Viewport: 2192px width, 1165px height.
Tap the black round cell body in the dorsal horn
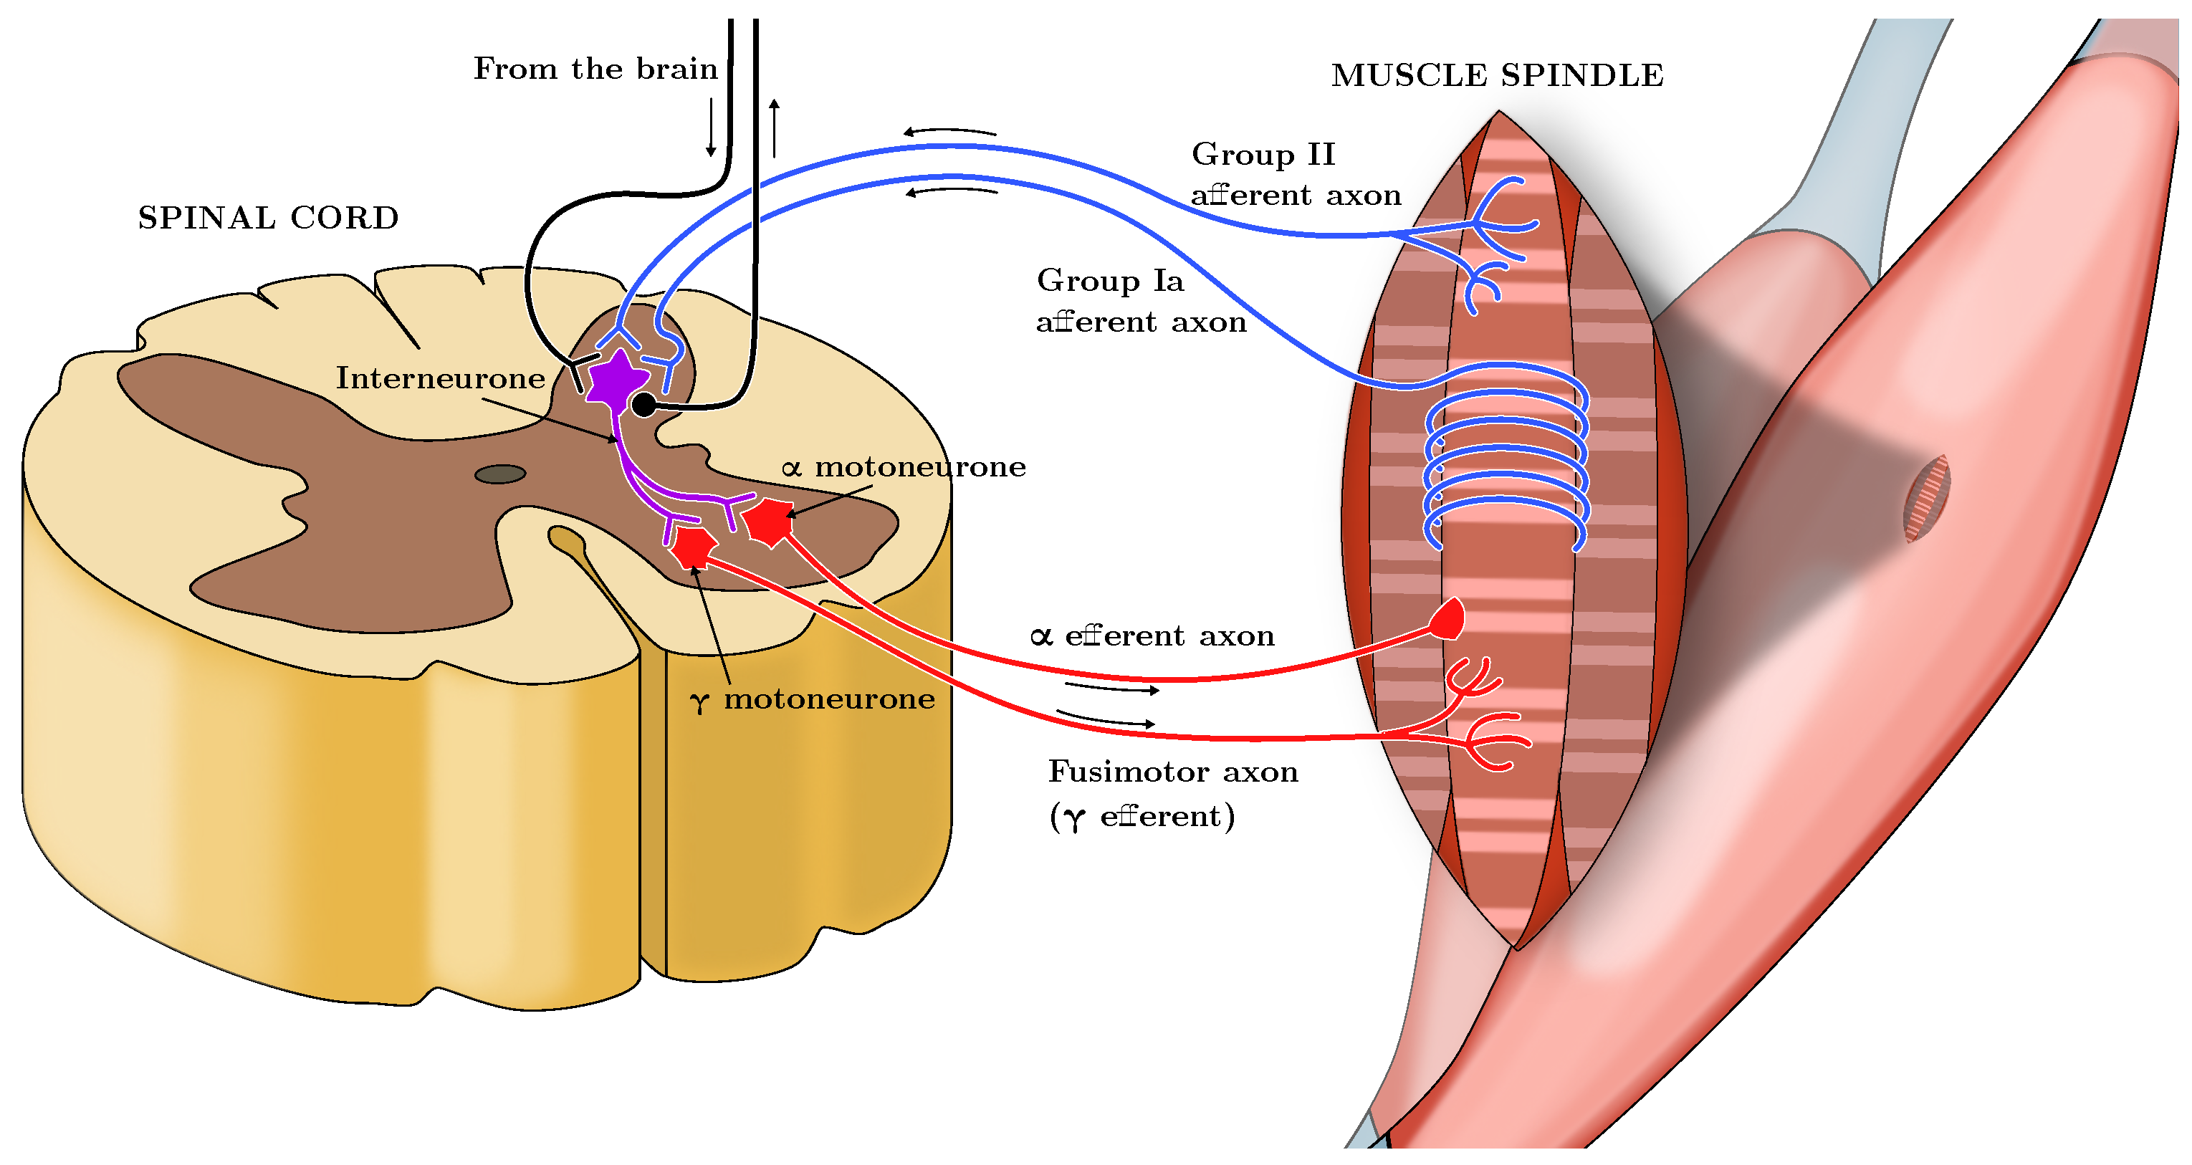pyautogui.click(x=644, y=405)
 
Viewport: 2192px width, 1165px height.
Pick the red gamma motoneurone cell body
pyautogui.click(x=693, y=547)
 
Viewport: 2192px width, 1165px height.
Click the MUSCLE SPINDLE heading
pyautogui.click(x=1497, y=76)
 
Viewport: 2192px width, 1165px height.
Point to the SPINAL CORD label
pyautogui.click(x=268, y=218)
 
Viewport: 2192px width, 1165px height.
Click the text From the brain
pyautogui.click(x=595, y=69)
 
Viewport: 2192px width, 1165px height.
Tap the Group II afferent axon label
pyautogui.click(x=1294, y=174)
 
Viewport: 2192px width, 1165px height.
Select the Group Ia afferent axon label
pyautogui.click(x=1140, y=300)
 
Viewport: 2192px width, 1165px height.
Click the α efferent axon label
pyautogui.click(x=1152, y=636)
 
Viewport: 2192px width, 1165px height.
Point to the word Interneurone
pyautogui.click(x=440, y=378)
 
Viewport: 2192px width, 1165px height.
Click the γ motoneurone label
pyautogui.click(x=813, y=699)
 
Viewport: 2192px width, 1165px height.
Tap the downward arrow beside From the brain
pyautogui.click(x=711, y=128)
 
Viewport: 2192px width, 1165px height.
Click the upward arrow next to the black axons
pyautogui.click(x=775, y=128)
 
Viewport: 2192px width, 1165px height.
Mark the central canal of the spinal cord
pyautogui.click(x=499, y=474)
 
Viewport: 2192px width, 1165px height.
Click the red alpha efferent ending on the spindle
pyautogui.click(x=1447, y=620)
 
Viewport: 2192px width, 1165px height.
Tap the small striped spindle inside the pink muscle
pyautogui.click(x=1925, y=498)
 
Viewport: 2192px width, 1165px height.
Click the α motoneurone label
pyautogui.click(x=904, y=467)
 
